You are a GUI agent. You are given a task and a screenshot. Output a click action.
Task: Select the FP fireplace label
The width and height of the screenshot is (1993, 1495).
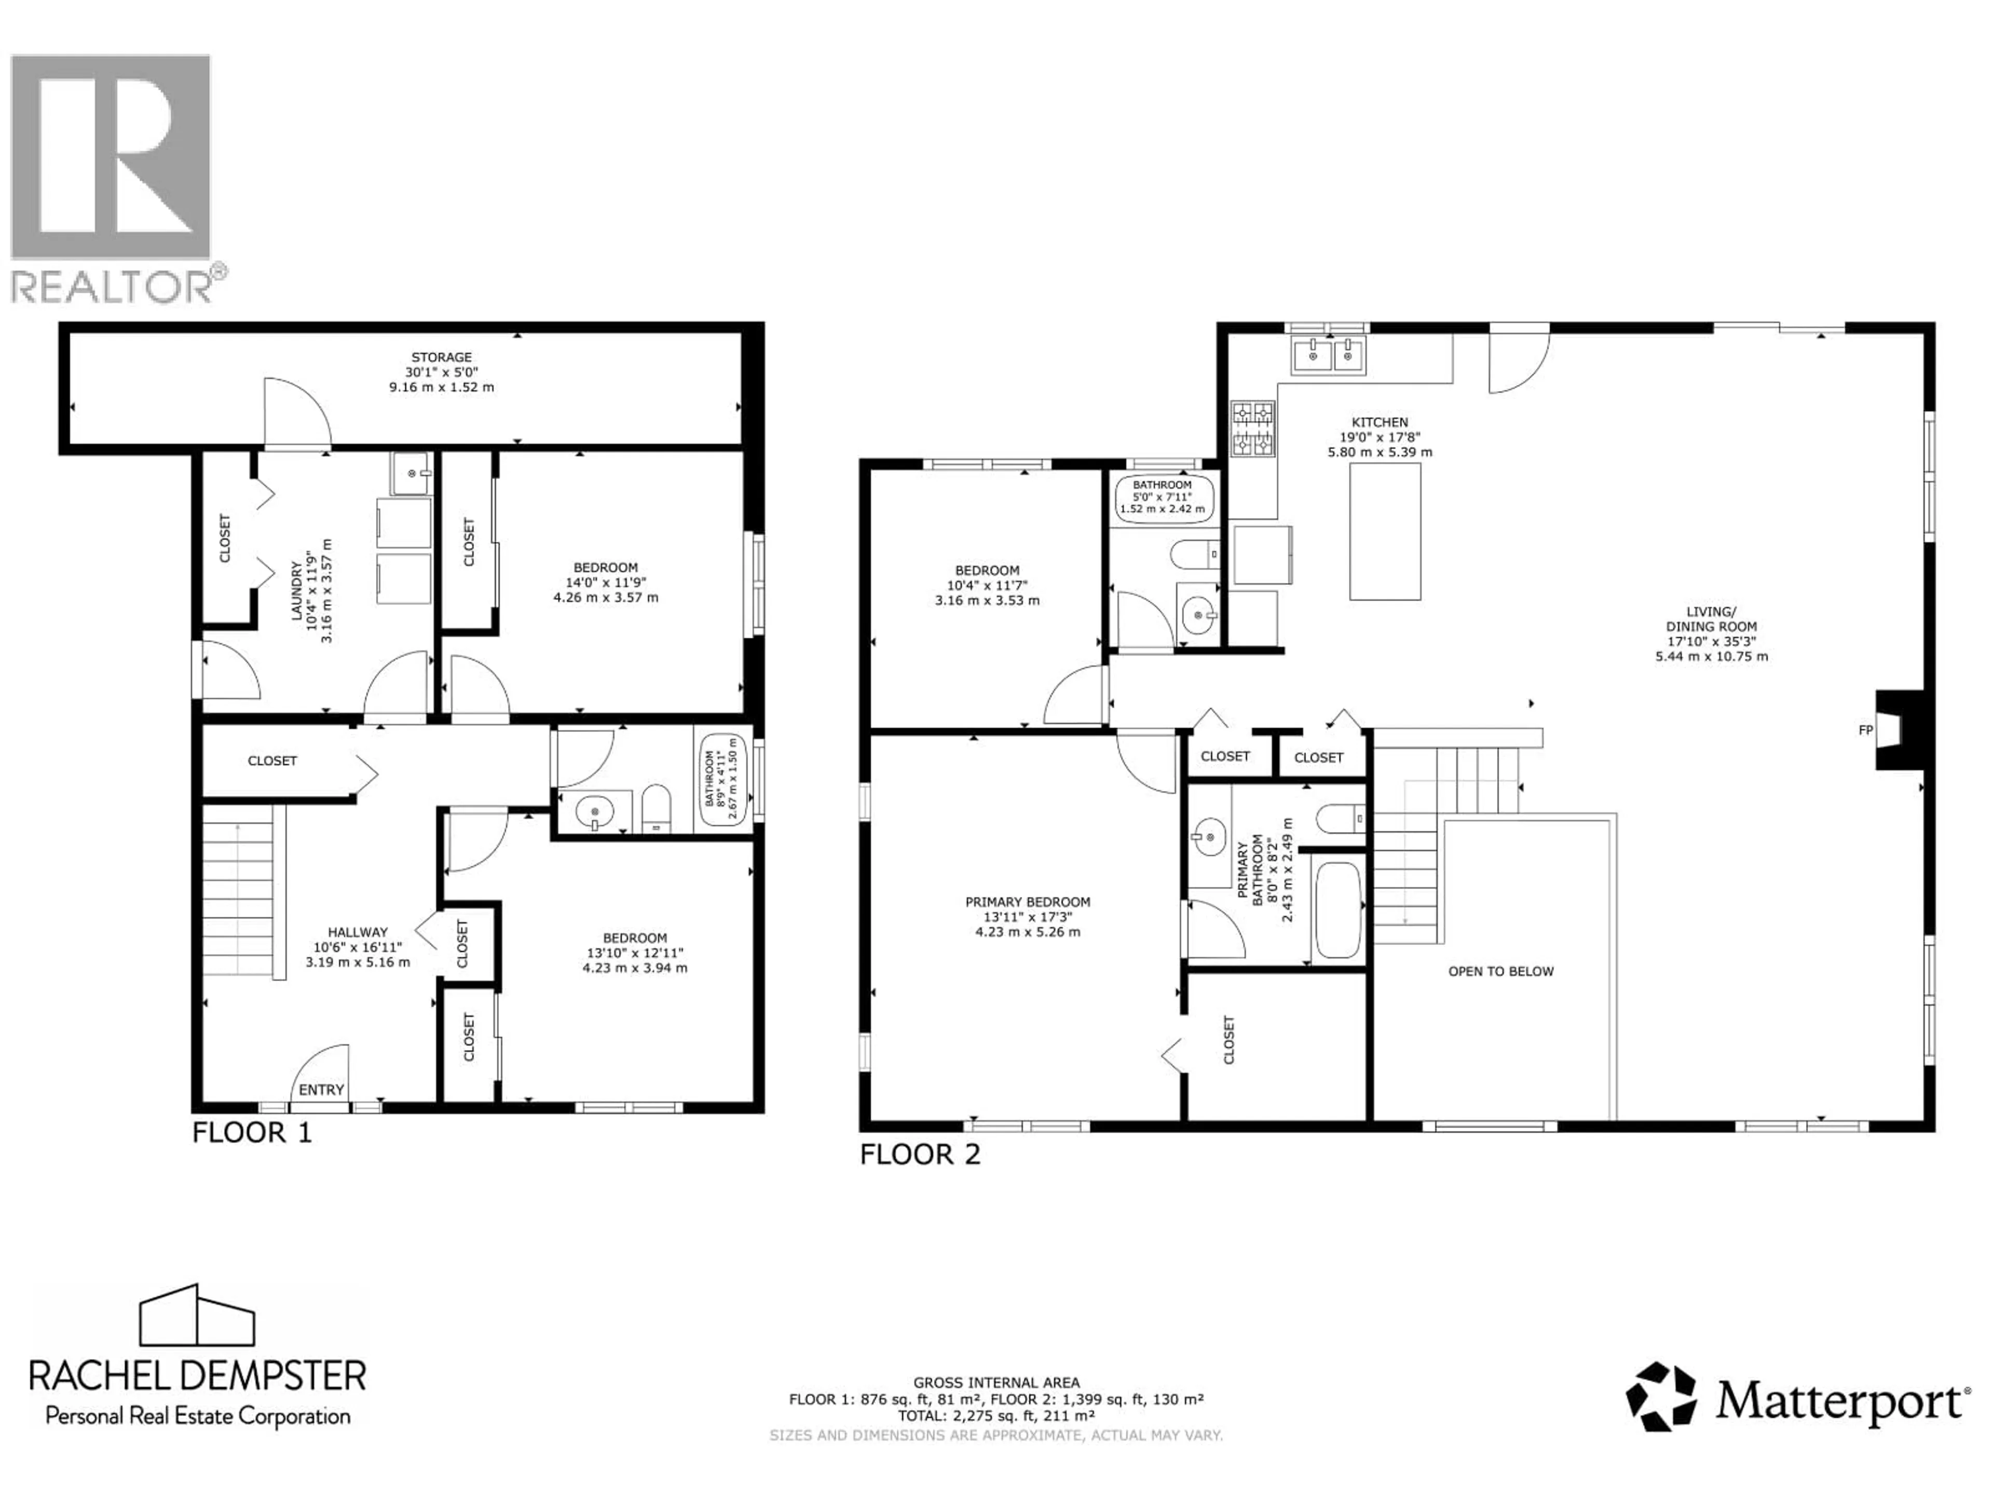pyautogui.click(x=1865, y=730)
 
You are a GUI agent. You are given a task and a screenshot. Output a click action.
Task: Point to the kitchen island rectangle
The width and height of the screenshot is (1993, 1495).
pyautogui.click(x=1385, y=532)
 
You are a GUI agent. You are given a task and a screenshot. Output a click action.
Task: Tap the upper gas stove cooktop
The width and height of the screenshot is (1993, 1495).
pyautogui.click(x=1252, y=414)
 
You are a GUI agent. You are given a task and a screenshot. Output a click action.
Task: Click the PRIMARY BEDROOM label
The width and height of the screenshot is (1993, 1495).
pyautogui.click(x=1027, y=902)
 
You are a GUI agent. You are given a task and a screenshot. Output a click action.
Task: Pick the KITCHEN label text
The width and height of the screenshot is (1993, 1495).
pyautogui.click(x=1380, y=422)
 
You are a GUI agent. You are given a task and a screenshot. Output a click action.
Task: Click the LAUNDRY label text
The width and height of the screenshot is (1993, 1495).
pyautogui.click(x=296, y=590)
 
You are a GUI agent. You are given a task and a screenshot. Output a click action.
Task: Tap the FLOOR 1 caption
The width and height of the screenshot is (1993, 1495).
pyautogui.click(x=252, y=1133)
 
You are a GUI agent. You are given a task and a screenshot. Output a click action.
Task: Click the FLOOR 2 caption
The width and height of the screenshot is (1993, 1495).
pyautogui.click(x=920, y=1154)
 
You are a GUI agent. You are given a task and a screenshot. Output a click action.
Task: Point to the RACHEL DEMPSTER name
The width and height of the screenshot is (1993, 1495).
pyautogui.click(x=198, y=1376)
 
